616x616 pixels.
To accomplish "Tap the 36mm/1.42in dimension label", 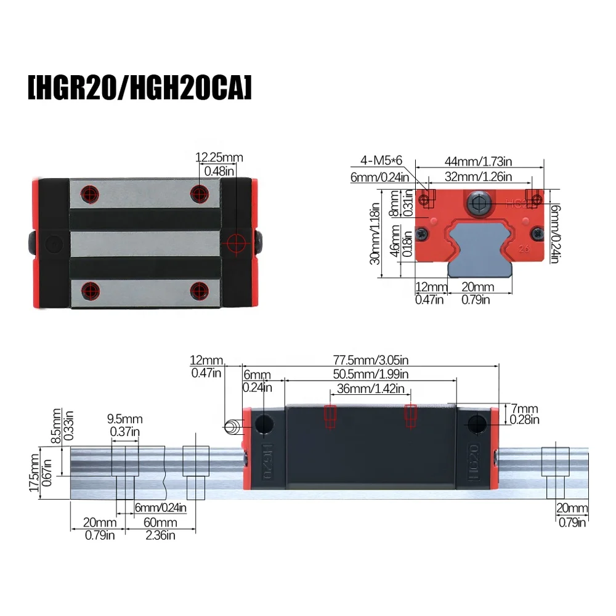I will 367,389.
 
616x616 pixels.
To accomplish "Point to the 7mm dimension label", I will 524,409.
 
